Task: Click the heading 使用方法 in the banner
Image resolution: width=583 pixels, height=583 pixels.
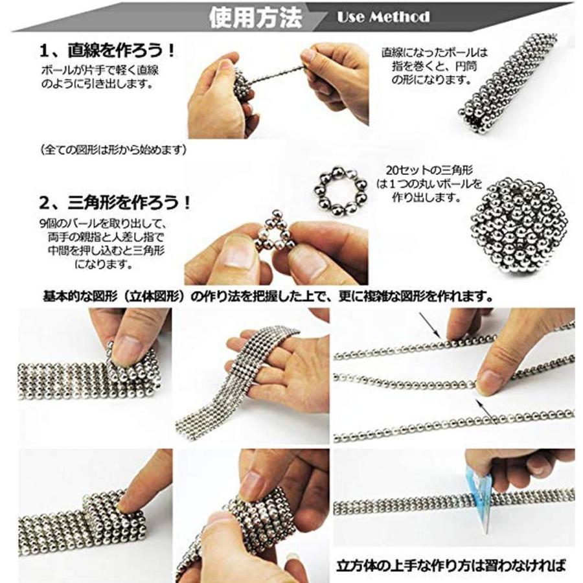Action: click(255, 17)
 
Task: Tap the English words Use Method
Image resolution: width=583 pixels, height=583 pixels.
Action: click(383, 17)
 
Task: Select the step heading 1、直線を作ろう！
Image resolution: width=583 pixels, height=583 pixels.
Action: click(108, 51)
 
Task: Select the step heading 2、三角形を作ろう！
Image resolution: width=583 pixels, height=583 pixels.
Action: click(115, 203)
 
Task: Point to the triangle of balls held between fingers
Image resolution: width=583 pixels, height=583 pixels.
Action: click(275, 231)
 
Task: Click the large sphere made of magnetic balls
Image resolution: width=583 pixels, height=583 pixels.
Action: click(519, 225)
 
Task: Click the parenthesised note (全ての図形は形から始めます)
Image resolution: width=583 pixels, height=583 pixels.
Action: click(113, 150)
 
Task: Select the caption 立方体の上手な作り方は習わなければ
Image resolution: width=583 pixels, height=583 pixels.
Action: click(451, 565)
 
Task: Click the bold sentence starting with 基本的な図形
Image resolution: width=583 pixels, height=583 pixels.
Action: click(268, 296)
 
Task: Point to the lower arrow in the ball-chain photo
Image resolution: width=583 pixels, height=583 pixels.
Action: click(486, 411)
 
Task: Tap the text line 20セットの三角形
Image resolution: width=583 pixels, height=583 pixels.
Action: click(429, 170)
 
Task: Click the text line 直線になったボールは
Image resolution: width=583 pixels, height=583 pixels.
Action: click(434, 52)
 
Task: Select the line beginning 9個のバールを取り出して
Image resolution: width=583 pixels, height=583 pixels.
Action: click(103, 223)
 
